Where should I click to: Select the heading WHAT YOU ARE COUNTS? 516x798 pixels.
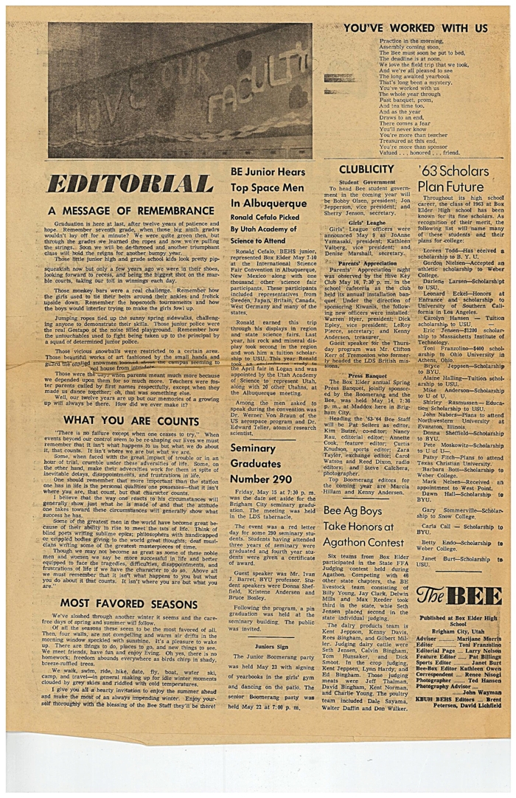[x=126, y=420]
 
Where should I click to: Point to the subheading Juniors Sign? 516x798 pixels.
[x=271, y=645]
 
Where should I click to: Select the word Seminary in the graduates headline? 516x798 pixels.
[x=253, y=448]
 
